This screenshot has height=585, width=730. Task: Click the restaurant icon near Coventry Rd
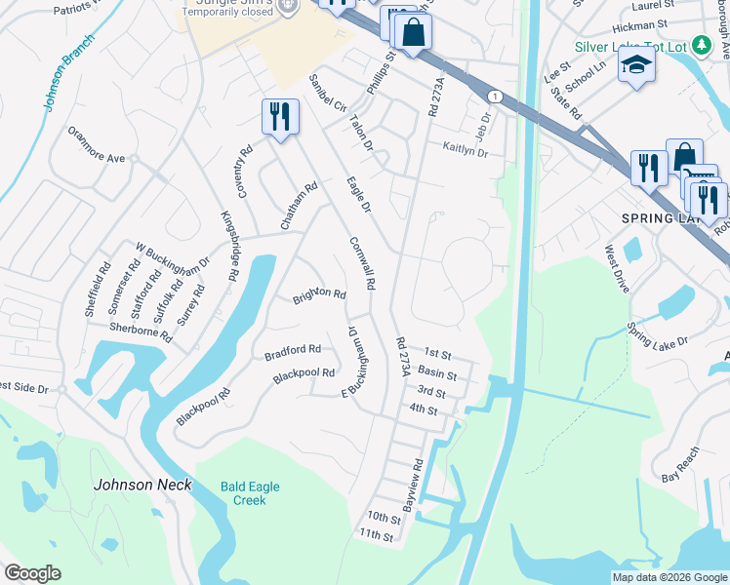click(x=280, y=117)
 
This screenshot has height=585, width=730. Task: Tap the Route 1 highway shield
click(x=496, y=96)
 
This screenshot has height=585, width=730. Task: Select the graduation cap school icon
click(x=637, y=65)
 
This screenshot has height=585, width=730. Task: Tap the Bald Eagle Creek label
click(x=235, y=492)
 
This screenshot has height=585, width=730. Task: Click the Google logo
click(x=32, y=573)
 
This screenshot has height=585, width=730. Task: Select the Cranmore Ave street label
click(x=97, y=144)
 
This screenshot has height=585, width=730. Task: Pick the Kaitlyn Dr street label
click(x=465, y=151)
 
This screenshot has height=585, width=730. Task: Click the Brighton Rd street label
click(x=319, y=294)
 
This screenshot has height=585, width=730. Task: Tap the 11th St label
click(x=375, y=535)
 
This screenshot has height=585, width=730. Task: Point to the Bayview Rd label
click(x=414, y=486)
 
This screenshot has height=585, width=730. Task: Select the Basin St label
click(x=436, y=373)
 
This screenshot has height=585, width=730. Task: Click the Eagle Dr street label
click(x=359, y=194)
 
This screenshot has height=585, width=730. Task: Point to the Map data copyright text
click(x=669, y=577)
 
